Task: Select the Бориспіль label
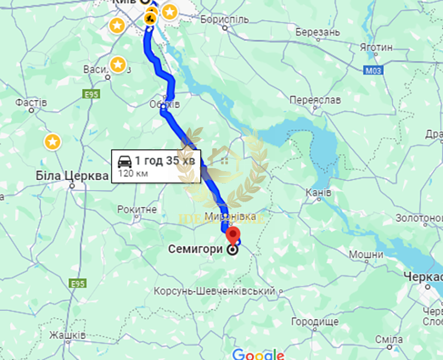coord(224,19)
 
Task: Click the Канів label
coord(318,193)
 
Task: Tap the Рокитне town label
coord(137,209)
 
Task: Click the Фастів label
coord(31,103)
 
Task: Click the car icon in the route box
coord(124,161)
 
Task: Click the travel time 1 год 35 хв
coord(165,161)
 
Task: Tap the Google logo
coord(258,353)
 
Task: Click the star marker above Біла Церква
coord(53,142)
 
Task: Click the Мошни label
coord(366,255)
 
